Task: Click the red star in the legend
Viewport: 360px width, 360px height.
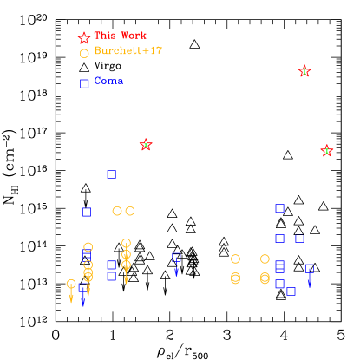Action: (x=84, y=38)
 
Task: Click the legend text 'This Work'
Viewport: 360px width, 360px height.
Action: (x=121, y=36)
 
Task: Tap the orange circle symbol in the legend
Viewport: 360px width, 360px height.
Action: (x=84, y=54)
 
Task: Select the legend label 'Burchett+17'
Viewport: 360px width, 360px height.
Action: (x=128, y=51)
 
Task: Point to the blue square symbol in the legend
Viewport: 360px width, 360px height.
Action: (x=84, y=83)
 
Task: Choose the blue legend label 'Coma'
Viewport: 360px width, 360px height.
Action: (x=108, y=81)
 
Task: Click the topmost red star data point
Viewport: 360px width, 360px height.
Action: (x=304, y=71)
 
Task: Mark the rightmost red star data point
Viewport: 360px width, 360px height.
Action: (x=327, y=151)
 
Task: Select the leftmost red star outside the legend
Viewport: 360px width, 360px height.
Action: (x=146, y=145)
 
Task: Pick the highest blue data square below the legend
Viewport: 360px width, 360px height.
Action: (x=111, y=174)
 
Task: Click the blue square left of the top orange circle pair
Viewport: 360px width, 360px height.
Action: (x=87, y=212)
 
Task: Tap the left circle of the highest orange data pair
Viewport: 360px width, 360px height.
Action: (x=117, y=211)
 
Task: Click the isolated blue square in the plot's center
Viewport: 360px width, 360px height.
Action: (x=176, y=258)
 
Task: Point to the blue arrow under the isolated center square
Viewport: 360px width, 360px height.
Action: (x=176, y=271)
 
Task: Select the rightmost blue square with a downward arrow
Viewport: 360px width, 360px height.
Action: (x=310, y=269)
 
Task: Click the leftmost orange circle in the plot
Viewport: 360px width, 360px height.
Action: (x=71, y=284)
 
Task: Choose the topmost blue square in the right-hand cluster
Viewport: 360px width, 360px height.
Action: (x=279, y=208)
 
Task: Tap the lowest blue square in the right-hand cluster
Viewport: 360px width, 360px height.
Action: (x=291, y=291)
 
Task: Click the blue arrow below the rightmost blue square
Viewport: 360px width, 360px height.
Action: (x=310, y=281)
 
